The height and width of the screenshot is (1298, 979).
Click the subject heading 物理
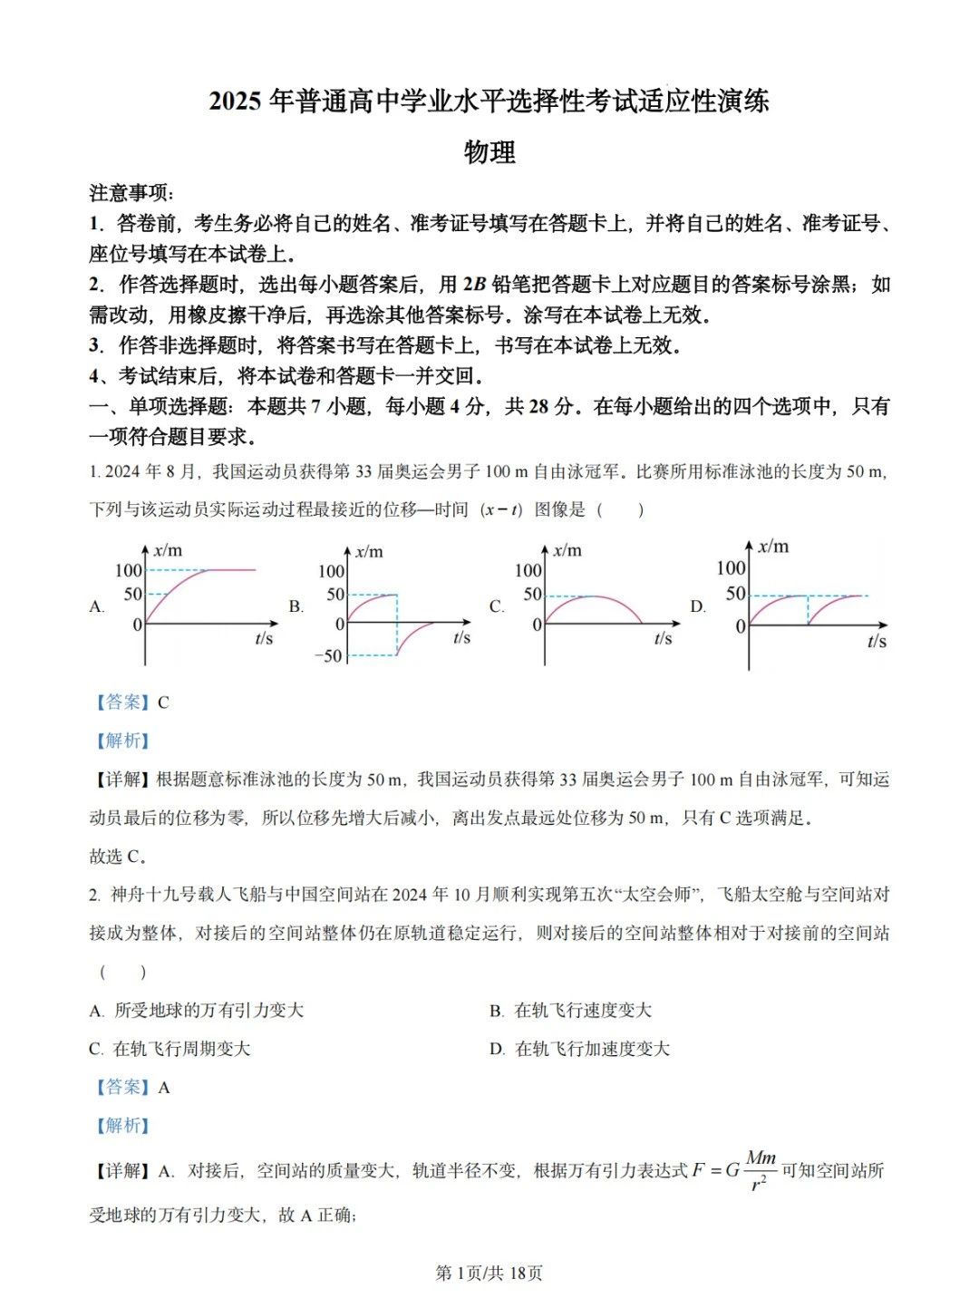coord(489,152)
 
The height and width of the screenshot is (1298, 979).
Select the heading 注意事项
coord(131,193)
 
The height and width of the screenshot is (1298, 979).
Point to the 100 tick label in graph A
coord(129,570)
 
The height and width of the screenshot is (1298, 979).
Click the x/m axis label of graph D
coord(773,546)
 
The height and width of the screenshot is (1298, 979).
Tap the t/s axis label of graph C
coord(663,639)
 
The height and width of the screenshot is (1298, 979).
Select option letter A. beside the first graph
coord(97,606)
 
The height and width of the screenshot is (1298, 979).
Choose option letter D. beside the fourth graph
coord(697,606)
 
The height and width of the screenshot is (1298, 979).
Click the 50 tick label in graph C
coord(532,595)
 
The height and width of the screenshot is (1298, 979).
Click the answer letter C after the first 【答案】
coord(163,702)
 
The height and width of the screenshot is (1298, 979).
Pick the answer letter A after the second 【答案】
coord(164,1088)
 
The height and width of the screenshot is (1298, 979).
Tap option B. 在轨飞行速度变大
coord(570,1011)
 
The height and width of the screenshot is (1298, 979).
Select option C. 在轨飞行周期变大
coord(170,1049)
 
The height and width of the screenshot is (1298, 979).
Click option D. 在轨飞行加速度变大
coord(579,1049)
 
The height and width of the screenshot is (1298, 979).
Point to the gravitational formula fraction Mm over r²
coord(761,1170)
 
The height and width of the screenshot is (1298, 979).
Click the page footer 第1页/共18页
coord(489,1273)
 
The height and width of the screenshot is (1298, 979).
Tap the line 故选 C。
coord(118,857)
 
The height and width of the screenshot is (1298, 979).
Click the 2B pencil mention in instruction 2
coord(474,285)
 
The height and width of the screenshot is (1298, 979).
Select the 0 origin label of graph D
coord(741,626)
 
